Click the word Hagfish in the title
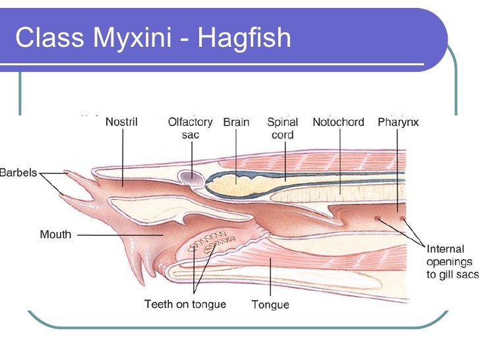(244, 38)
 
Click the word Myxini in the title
(132, 38)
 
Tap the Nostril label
(121, 122)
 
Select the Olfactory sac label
(190, 128)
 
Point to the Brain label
(236, 122)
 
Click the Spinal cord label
(282, 128)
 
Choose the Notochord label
(338, 122)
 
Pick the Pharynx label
(398, 122)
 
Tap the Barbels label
(18, 173)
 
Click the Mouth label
(55, 234)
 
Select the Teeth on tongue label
(185, 304)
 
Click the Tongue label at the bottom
(270, 305)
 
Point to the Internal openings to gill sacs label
(452, 262)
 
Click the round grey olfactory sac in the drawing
(191, 176)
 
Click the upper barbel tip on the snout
(69, 173)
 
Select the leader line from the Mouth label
(119, 234)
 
